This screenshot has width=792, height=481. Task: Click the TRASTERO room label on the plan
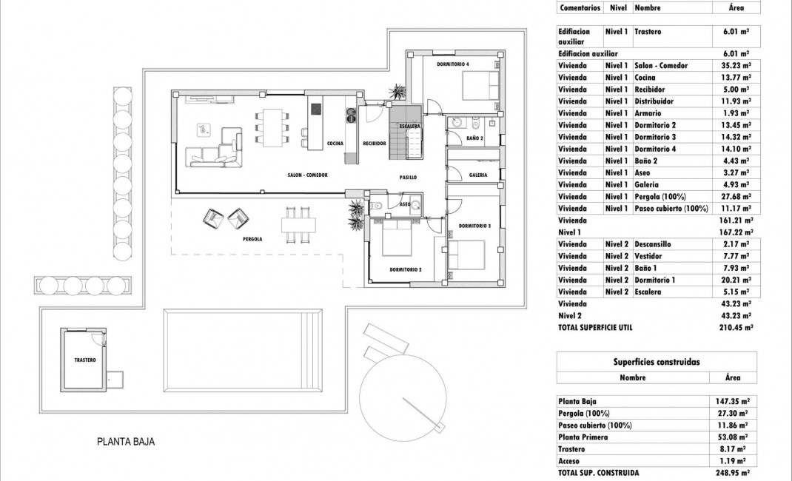click(x=85, y=360)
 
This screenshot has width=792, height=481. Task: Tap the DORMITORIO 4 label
click(x=453, y=65)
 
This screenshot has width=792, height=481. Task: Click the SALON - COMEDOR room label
click(x=308, y=175)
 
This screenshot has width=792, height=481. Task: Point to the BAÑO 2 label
click(x=475, y=138)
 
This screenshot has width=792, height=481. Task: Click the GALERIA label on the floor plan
click(x=478, y=175)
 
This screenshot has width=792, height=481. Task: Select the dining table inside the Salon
click(x=272, y=128)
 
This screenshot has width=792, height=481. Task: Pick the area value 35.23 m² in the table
click(x=736, y=65)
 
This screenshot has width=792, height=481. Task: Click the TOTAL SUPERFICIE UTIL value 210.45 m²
click(x=734, y=327)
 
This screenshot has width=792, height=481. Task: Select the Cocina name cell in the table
click(x=644, y=77)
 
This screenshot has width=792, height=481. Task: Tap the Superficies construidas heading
click(x=657, y=362)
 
